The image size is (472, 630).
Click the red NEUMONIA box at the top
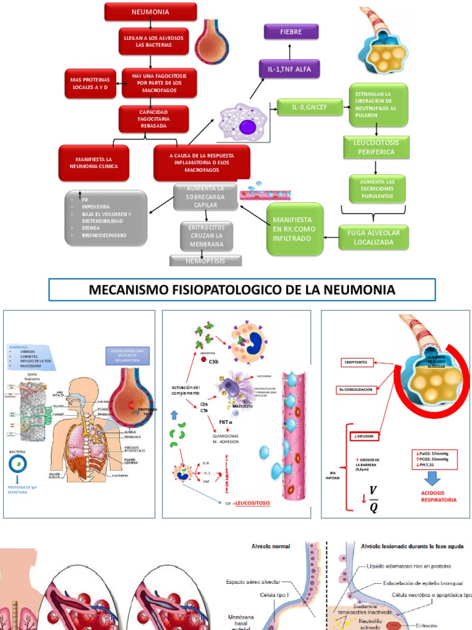point(151,12)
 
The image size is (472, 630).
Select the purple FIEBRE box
point(291,31)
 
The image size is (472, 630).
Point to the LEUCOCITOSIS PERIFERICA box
point(375,146)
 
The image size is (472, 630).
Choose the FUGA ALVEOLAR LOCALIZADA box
point(374,237)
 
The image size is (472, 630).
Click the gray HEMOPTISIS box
point(205,261)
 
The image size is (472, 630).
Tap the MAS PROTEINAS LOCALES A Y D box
point(90,84)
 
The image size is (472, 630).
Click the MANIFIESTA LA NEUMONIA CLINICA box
point(93,162)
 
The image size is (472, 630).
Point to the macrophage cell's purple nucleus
point(248,127)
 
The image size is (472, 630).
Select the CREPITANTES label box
point(357,362)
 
